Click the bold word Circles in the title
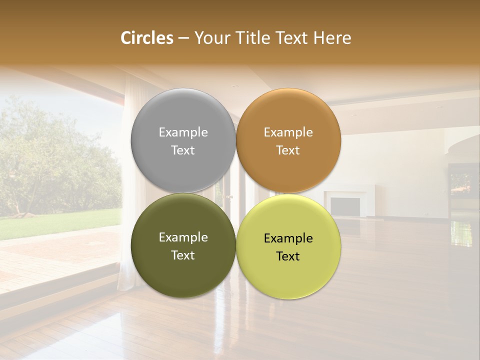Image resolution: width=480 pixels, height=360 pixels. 146,38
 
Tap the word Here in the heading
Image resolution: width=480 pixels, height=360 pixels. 332,38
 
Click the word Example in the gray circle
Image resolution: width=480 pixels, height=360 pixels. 183,132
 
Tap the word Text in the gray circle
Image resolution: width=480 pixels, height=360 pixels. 183,150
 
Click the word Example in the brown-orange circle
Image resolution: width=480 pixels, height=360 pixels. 288,132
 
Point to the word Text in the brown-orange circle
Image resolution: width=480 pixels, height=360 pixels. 288,150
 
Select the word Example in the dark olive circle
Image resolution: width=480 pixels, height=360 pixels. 183,237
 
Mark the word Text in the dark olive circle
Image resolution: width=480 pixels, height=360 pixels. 183,255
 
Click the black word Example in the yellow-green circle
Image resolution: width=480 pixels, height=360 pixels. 288,238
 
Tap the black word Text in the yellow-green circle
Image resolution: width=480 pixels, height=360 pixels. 288,256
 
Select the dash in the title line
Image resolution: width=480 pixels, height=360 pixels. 183,38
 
